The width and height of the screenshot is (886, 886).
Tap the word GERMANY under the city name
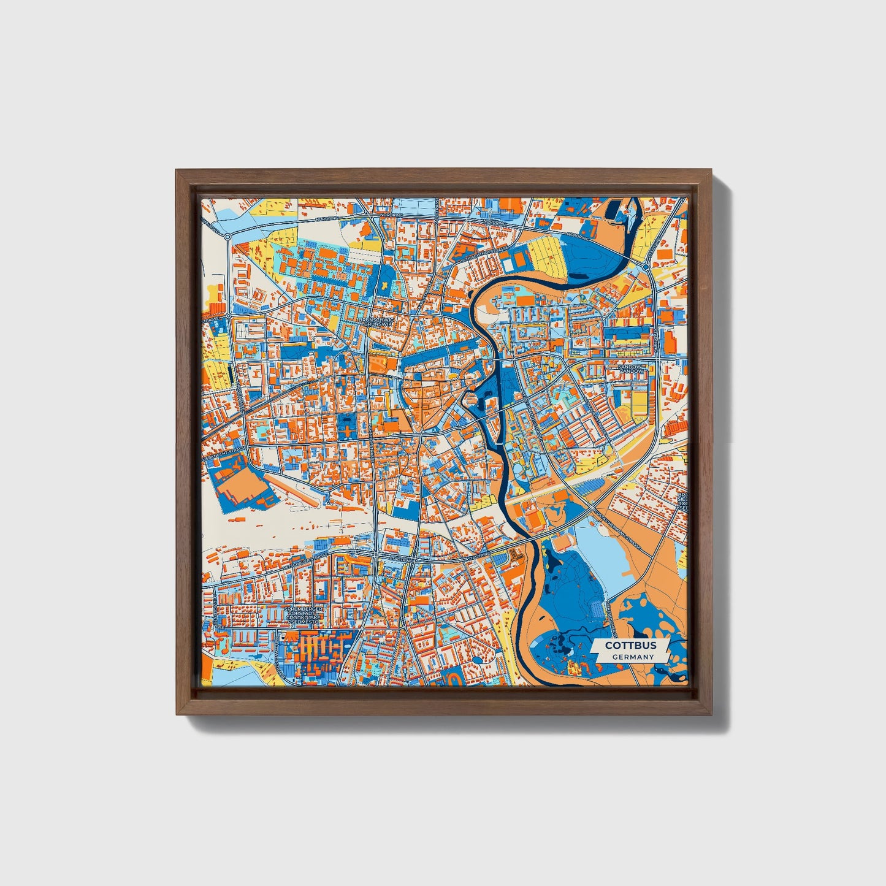(x=633, y=657)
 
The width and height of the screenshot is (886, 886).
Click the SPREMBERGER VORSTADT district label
(x=304, y=615)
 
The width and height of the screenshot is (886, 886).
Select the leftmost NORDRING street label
(x=323, y=219)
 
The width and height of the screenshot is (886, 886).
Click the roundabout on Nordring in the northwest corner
(x=227, y=237)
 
